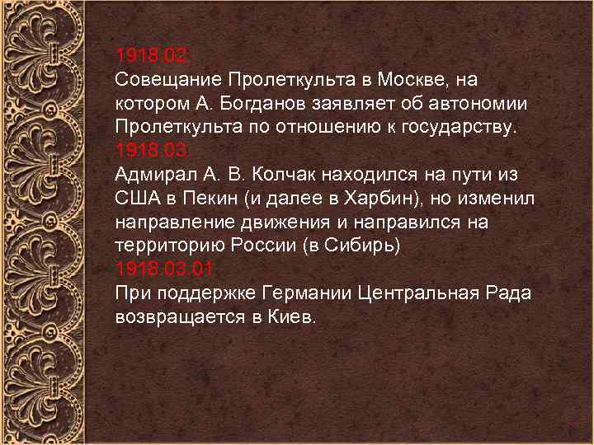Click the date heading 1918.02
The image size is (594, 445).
(x=153, y=57)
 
